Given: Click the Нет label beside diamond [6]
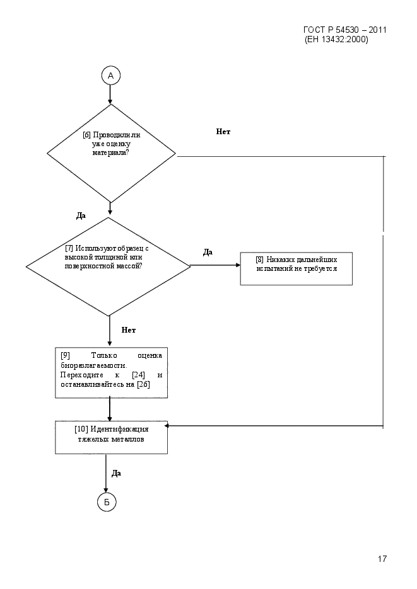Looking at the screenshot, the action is pos(223,132).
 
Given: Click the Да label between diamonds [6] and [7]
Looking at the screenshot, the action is pos(81,215).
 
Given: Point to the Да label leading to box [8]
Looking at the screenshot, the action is pos(208,252).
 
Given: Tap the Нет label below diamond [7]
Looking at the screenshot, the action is pos(128,330).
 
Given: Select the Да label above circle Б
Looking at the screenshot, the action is pos(116,473).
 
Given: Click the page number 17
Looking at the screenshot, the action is pos(382,559).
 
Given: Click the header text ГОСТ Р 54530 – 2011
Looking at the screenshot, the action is pos(345,30).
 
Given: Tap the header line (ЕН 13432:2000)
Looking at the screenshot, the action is pos(336,40).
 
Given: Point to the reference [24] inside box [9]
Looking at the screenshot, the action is pos(138,375).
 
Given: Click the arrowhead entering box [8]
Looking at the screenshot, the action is pos(238,265).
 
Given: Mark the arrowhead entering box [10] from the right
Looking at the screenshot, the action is pos(167,426).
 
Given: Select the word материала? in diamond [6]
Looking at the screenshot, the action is pos(110,153).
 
